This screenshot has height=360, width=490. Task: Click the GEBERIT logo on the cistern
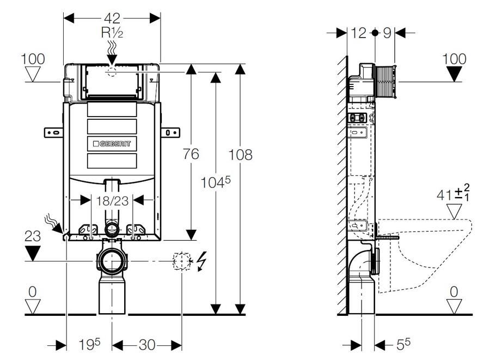pos(112,144)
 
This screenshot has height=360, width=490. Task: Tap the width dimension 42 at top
pos(112,18)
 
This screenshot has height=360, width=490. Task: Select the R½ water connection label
pos(112,33)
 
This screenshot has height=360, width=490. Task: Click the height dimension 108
pos(240,155)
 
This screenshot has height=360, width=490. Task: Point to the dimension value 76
pos(191,154)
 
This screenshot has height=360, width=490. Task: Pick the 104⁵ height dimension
pos(215,182)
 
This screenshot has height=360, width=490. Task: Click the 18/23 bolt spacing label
pos(112,201)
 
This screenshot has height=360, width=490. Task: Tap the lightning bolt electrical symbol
pos(202,261)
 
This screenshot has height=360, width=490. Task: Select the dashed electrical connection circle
pos(182,261)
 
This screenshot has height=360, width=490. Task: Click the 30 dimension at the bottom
pos(147,345)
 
